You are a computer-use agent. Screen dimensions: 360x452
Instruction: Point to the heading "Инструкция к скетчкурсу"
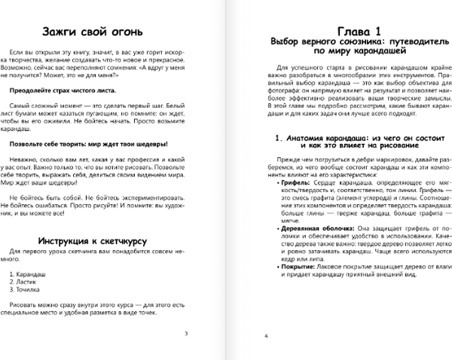point(100,241)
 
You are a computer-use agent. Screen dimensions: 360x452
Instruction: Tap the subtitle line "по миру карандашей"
point(338,53)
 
